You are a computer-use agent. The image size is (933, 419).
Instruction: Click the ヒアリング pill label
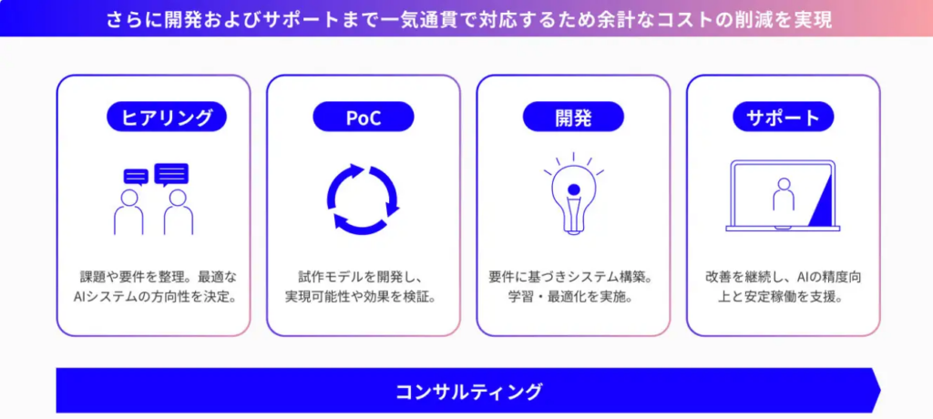(166, 117)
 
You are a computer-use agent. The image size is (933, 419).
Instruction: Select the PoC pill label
(363, 117)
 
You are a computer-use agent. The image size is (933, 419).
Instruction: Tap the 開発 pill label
(574, 117)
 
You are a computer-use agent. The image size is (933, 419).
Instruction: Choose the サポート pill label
(783, 117)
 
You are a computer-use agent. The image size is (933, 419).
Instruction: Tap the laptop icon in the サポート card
(783, 196)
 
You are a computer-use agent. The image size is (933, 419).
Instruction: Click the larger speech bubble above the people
(171, 174)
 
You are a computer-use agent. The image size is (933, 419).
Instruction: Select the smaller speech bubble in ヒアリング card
(136, 178)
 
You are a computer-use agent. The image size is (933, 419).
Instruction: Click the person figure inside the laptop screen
(783, 194)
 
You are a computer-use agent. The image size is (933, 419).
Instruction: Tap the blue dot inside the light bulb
(574, 189)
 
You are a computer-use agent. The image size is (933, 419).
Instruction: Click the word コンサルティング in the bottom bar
(469, 392)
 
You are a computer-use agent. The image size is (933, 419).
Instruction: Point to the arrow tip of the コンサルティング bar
(881, 391)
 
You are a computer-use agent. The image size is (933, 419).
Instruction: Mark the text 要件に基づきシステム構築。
(571, 277)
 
